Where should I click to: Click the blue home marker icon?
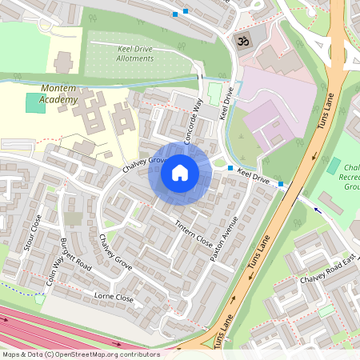(180, 173)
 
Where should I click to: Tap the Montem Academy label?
(58, 93)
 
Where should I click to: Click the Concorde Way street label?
(194, 121)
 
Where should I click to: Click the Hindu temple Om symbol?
(239, 39)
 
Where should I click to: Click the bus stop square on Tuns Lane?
(281, 185)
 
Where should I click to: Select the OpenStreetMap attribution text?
(80, 354)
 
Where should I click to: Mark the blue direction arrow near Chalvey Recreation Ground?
(317, 210)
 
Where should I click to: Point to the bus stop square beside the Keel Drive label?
(230, 168)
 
